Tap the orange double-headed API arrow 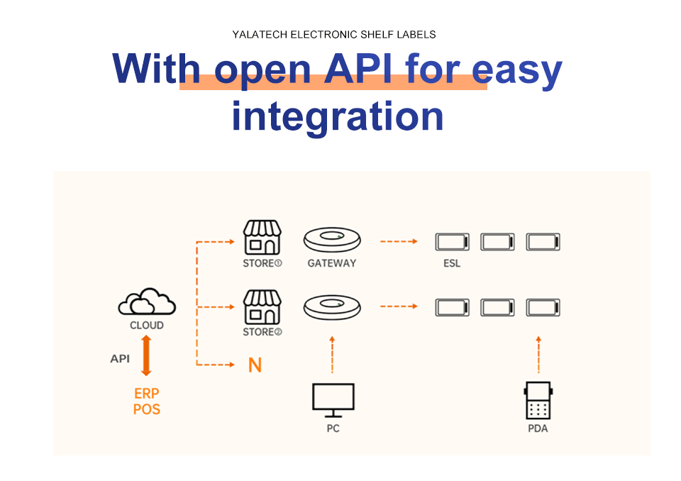(147, 355)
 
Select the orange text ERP (146, 394)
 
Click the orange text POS (146, 409)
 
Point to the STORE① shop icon (262, 237)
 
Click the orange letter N (255, 365)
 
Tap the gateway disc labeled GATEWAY (332, 239)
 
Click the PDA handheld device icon (538, 401)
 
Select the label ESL (452, 263)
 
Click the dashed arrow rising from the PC (332, 354)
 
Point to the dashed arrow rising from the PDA (538, 354)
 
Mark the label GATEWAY (332, 263)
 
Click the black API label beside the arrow (120, 359)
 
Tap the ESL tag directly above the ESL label (452, 242)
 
